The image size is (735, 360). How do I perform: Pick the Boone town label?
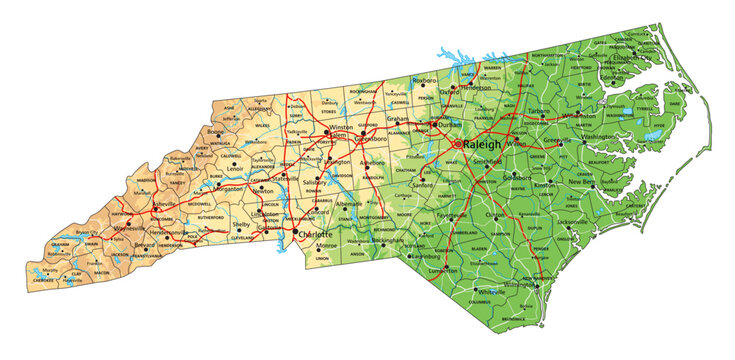(x=215, y=131)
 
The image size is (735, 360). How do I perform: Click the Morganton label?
(x=230, y=188)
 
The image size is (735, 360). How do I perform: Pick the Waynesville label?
(x=130, y=228)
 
